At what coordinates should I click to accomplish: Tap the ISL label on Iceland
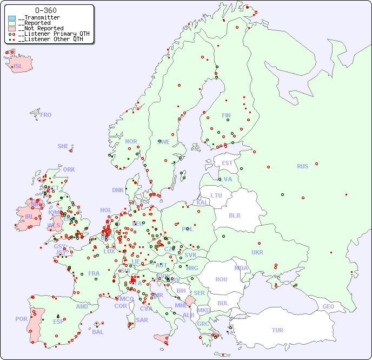coord(18,67)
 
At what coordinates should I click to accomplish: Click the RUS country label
coord(302,166)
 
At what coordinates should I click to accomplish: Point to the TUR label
coord(277,330)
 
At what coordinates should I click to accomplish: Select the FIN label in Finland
coord(226,115)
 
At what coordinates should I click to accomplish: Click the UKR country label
coord(257,252)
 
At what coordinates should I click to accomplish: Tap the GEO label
coord(328,306)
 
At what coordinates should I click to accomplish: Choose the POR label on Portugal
coord(21,319)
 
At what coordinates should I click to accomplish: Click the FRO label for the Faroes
coord(46,115)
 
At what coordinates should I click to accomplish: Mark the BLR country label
coord(235,215)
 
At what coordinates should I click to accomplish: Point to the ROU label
coord(221,279)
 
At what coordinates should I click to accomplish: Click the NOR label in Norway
coord(131,141)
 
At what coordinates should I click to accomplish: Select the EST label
coord(227,163)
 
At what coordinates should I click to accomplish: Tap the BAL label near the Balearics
coord(98,332)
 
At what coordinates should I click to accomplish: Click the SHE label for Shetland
coord(63,146)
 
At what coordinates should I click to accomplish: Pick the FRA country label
coord(94,273)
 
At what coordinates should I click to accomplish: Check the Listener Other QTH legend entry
coord(51,39)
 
